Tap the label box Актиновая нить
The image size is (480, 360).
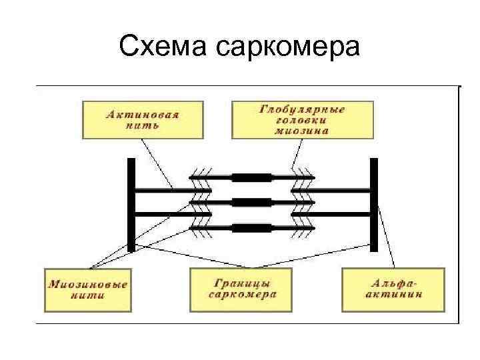(x=143, y=119)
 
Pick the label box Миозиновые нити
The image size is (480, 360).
(x=87, y=289)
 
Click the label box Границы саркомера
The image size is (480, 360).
(x=242, y=289)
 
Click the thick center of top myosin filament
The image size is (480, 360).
(x=252, y=178)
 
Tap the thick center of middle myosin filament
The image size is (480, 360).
(x=252, y=203)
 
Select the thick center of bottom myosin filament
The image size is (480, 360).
(x=252, y=228)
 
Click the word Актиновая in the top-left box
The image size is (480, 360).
(x=143, y=114)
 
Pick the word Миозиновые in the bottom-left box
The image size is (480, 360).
(x=87, y=284)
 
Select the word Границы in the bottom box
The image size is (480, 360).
(x=242, y=283)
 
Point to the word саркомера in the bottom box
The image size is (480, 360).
(x=242, y=295)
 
